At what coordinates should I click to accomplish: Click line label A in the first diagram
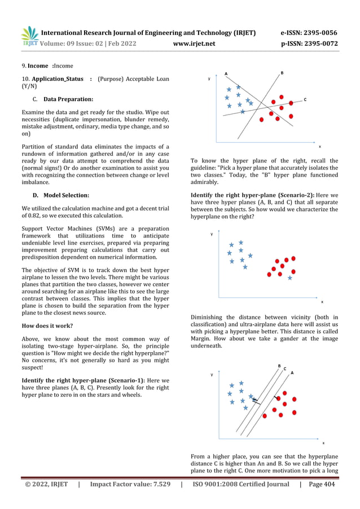[226, 73]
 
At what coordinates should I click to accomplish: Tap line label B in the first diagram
[282, 73]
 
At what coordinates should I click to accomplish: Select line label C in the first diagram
[305, 100]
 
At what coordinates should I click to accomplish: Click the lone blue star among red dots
[290, 278]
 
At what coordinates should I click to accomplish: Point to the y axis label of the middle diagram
[212, 234]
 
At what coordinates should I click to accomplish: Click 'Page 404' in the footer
[322, 484]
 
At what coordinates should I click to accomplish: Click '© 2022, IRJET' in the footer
[45, 484]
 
